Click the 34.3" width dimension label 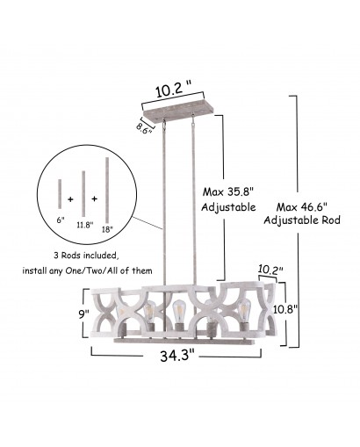[177, 356]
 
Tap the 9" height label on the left [83, 314]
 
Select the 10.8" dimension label [285, 308]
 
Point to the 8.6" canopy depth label [143, 128]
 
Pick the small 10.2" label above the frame [270, 270]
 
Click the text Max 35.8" [227, 192]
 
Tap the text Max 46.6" [301, 207]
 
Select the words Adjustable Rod [302, 220]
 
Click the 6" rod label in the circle [61, 220]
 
